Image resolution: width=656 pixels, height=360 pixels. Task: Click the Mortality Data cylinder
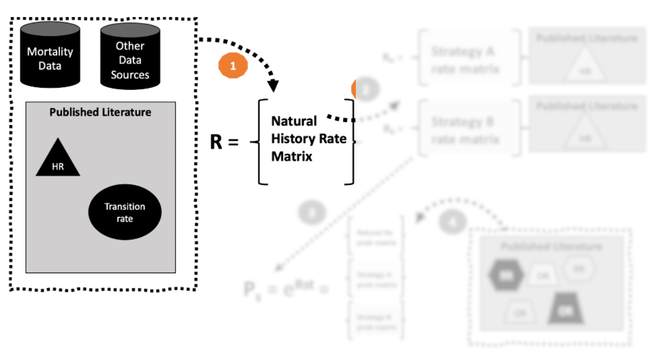pos(50,56)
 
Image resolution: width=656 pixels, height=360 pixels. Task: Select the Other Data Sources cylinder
pos(130,56)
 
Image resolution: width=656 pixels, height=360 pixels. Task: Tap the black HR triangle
pos(58,160)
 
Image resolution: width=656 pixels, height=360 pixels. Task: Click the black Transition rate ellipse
pos(125,213)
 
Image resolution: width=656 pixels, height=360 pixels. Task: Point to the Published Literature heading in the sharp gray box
pos(100,112)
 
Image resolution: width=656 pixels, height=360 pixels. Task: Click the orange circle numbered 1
pos(233,66)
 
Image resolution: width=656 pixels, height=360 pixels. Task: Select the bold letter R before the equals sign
pos(216,142)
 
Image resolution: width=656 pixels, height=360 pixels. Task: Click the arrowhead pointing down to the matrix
pos(273,85)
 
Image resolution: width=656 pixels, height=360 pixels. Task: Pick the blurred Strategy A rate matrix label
pos(464,61)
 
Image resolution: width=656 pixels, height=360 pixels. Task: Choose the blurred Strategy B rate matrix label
pos(464,131)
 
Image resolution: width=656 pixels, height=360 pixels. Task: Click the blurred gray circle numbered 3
pos(312,213)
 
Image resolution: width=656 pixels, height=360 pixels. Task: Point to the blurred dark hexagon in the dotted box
pos(504,275)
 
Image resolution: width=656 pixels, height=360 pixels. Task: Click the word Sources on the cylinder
pos(130,74)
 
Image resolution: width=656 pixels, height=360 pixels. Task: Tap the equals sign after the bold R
pos(232,143)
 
